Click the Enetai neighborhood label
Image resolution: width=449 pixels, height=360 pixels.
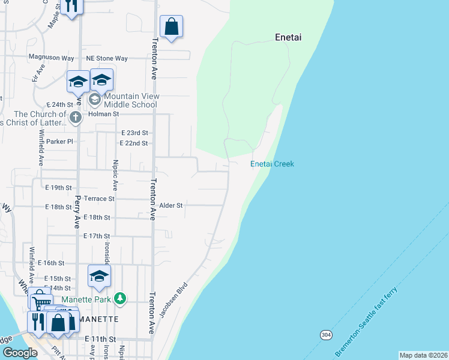[288, 37]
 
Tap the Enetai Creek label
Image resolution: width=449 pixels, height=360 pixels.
[272, 164]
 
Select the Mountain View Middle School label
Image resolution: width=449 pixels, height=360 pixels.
[130, 100]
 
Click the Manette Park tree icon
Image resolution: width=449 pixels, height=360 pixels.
[121, 298]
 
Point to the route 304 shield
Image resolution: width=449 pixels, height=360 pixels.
[325, 334]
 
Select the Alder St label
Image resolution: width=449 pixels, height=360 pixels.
[170, 205]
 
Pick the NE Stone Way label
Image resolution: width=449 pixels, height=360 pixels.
[107, 58]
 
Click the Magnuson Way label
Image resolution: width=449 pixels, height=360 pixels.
[51, 58]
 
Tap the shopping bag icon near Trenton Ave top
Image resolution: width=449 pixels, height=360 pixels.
[171, 26]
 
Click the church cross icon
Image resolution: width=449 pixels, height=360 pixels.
[75, 117]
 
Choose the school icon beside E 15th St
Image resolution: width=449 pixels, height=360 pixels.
[100, 276]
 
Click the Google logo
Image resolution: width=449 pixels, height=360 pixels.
[20, 353]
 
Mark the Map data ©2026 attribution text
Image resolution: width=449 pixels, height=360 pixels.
[423, 355]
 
